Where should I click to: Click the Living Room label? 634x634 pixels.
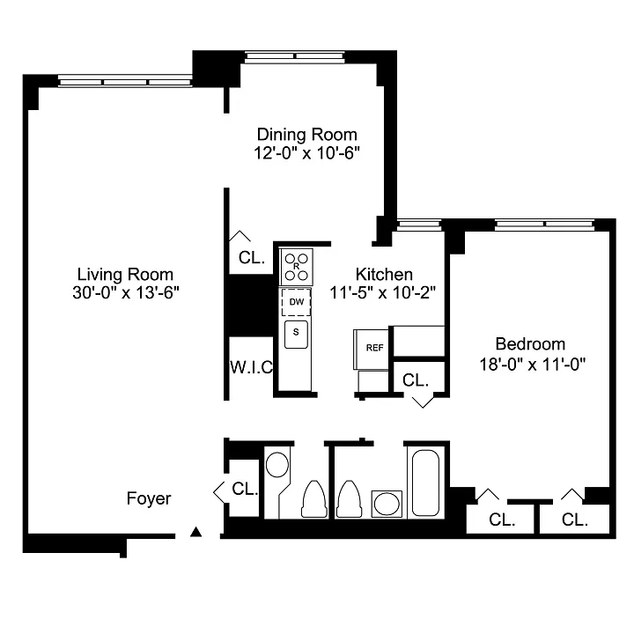(125, 275)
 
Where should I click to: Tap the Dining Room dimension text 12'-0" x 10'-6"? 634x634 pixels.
(307, 153)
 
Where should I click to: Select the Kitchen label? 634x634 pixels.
(384, 275)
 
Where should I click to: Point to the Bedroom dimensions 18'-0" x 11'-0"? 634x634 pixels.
(533, 365)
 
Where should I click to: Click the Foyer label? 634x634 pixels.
(149, 498)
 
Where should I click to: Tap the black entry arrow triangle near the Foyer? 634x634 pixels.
(196, 532)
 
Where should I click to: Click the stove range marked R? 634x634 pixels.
(297, 267)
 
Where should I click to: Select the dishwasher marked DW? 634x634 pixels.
(297, 302)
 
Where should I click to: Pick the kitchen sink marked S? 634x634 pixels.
(296, 335)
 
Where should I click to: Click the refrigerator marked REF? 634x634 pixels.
(372, 349)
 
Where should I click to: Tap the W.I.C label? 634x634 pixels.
(252, 367)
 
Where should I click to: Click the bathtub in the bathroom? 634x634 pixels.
(425, 483)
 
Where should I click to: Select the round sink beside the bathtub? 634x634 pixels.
(387, 504)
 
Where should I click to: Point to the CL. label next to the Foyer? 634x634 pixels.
(245, 489)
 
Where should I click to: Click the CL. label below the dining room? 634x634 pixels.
(252, 257)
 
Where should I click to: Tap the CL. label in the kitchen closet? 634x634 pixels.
(416, 380)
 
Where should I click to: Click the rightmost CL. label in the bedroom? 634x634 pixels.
(574, 520)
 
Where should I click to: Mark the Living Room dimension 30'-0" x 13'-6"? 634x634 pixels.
(126, 292)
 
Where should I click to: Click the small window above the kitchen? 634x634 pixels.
(419, 225)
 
